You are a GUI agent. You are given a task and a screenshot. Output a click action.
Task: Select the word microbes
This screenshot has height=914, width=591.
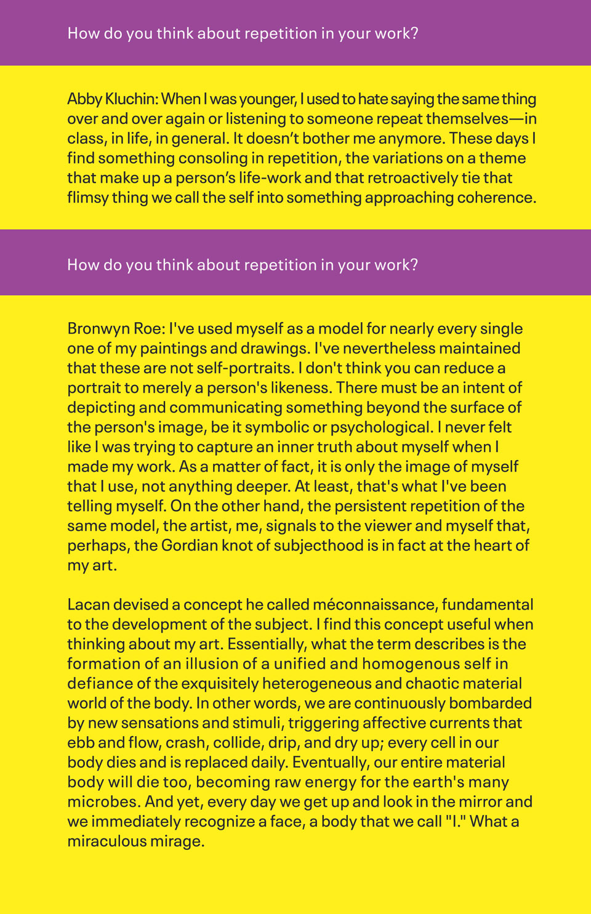point(102,802)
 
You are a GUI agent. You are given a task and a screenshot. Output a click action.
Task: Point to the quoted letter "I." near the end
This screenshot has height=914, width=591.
point(454,822)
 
